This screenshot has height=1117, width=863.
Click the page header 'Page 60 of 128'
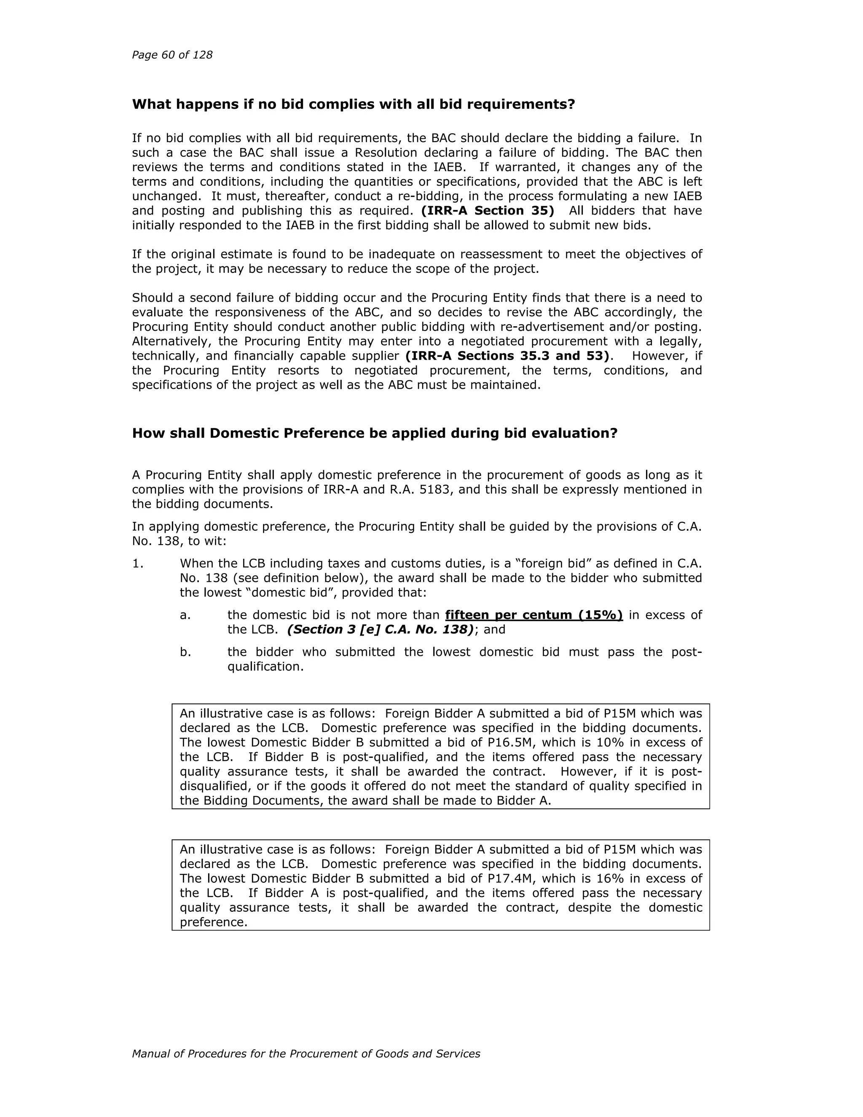pyautogui.click(x=172, y=55)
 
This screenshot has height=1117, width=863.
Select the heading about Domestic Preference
pyautogui.click(x=375, y=433)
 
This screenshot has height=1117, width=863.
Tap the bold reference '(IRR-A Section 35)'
pyautogui.click(x=487, y=211)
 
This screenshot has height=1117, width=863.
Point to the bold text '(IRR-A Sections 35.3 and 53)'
pyautogui.click(x=509, y=356)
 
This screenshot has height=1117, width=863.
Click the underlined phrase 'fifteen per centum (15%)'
pyautogui.click(x=534, y=615)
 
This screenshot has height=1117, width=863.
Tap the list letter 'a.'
pyautogui.click(x=185, y=615)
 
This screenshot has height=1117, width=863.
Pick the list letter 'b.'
pyautogui.click(x=185, y=652)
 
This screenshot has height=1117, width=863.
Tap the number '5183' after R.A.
pyautogui.click(x=436, y=489)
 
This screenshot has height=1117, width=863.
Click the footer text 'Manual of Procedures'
pyautogui.click(x=306, y=1054)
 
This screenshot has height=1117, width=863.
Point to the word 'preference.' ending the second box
pyautogui.click(x=213, y=922)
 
